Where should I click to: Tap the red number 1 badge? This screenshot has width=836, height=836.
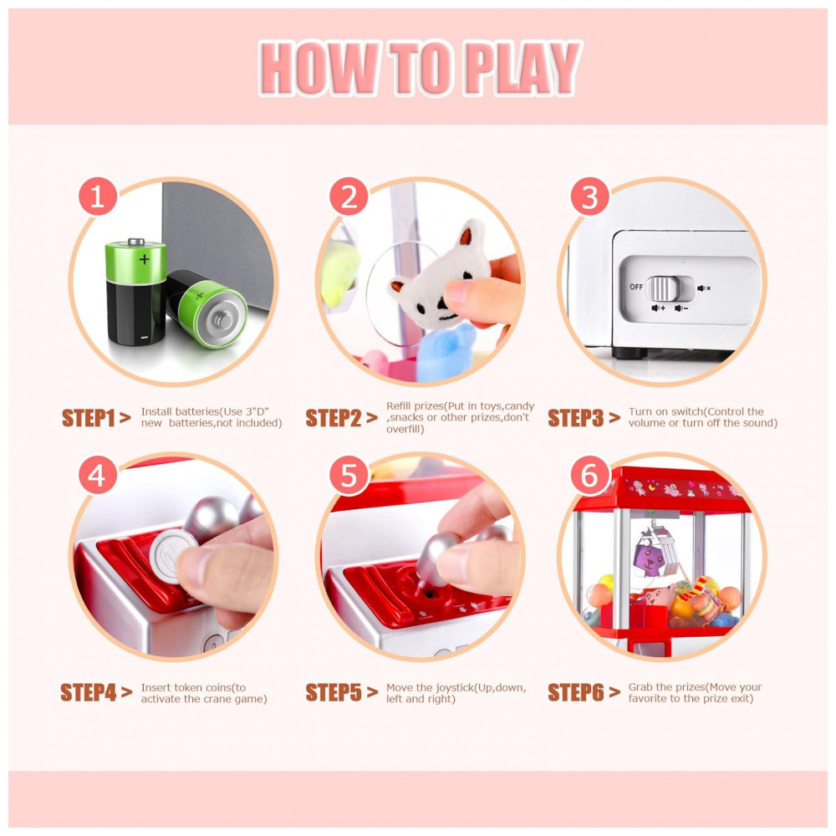pyautogui.click(x=98, y=196)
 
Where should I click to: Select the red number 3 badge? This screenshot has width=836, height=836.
pyautogui.click(x=589, y=196)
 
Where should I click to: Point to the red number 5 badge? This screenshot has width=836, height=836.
pyautogui.click(x=349, y=475)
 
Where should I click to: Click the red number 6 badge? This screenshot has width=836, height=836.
pyautogui.click(x=589, y=475)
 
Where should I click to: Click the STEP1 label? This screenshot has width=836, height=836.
pyautogui.click(x=89, y=418)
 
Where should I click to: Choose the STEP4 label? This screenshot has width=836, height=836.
pyautogui.click(x=89, y=692)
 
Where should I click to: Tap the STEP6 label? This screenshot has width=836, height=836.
pyautogui.click(x=576, y=692)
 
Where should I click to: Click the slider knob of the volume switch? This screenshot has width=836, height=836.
pyautogui.click(x=663, y=288)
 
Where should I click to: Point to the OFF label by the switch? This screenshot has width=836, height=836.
pyautogui.click(x=636, y=287)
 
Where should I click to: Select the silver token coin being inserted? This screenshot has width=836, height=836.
pyautogui.click(x=172, y=556)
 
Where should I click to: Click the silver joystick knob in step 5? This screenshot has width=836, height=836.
pyautogui.click(x=437, y=557)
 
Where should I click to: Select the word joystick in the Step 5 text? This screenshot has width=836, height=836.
pyautogui.click(x=455, y=688)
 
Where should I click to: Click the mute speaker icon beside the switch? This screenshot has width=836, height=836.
pyautogui.click(x=704, y=288)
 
